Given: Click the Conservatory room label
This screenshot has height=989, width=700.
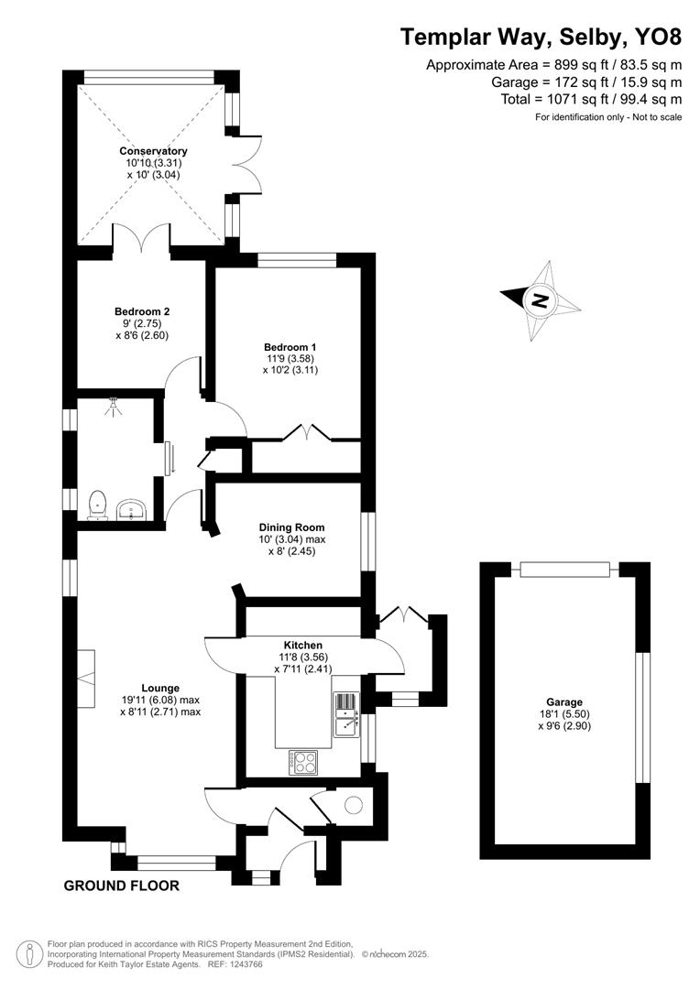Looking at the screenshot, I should point(153,151).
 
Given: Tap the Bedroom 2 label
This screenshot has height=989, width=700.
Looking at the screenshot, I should point(142,311).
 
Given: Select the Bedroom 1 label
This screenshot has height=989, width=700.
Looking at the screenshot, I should point(290,347).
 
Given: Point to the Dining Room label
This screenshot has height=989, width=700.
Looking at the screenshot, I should point(291,527).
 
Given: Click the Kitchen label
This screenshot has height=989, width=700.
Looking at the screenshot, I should point(302,646).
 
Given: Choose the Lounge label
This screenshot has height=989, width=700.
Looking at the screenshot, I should point(159,688).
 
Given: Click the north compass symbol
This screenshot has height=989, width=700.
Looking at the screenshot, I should point(541,299).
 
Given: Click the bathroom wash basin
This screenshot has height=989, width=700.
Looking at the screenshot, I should point(135,509).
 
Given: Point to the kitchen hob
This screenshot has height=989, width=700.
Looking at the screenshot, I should point(303,759).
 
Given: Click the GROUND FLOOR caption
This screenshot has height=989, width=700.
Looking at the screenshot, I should point(121,886).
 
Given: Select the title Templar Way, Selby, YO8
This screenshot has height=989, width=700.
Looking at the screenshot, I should point(541,38).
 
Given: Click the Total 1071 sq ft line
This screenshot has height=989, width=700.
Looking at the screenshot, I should point(592,99).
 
